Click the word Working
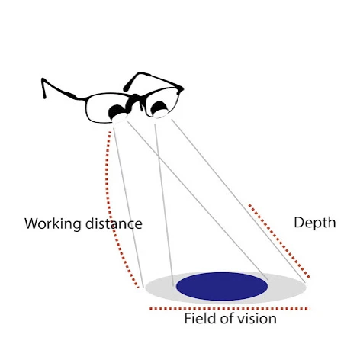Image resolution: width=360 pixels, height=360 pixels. pos(53,224)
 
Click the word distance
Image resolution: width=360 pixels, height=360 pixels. pos(114,223)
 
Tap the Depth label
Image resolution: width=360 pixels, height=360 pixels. pos(315,223)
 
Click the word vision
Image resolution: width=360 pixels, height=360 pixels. pos(257,318)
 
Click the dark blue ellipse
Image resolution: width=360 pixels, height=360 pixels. pos(222,286)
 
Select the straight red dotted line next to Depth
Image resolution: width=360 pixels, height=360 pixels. pos(279,241)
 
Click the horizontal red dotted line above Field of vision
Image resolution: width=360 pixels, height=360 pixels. pos(230,309)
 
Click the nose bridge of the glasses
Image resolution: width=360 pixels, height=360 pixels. pos(135,100)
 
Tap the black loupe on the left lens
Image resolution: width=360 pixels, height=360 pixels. pos(117,111)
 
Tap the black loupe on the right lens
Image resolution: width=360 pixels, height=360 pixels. pos(159,108)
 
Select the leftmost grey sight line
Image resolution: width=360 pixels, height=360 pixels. pos(128,207)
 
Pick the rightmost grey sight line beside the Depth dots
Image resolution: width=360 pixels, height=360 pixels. pos(239,201)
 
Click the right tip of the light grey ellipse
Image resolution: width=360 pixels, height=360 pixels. pos(306,287)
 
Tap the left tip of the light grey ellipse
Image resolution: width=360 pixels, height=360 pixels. pos(145,288)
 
